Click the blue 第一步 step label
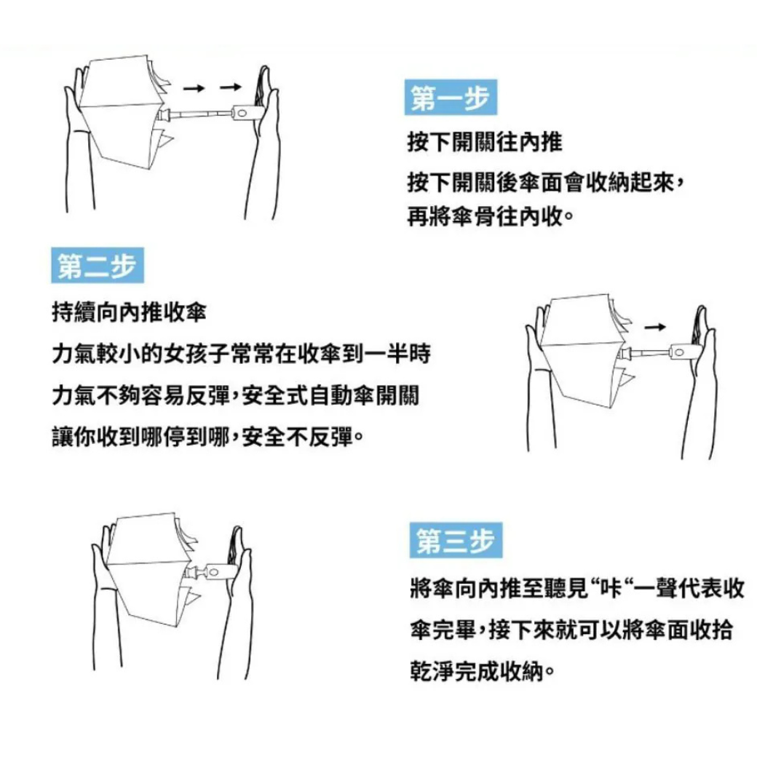pos(451,97)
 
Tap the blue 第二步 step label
pos(98,265)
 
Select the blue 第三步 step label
pos(456,540)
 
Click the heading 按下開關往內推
pos(485,142)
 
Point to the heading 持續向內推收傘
pos(129,312)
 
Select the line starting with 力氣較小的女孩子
pos(241,354)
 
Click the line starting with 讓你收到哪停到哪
pos(207,437)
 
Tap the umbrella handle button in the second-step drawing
pos(679,352)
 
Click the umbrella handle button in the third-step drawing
pos(213,573)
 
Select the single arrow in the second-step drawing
pos(655,328)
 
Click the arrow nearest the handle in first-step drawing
pos(230,87)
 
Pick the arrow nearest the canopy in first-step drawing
pos(194,88)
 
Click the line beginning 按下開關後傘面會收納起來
pos(545,183)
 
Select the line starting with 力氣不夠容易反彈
pos(236,396)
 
